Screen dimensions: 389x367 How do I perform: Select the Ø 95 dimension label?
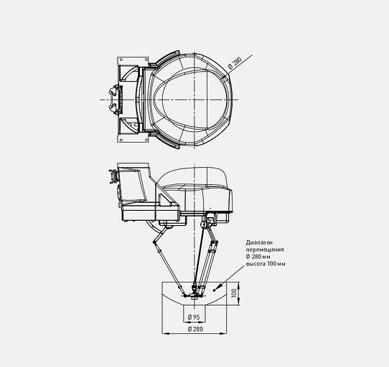tap(194, 317)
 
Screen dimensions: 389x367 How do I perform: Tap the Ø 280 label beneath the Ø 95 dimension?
tap(195, 329)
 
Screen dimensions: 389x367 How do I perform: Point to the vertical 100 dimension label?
tap(234, 293)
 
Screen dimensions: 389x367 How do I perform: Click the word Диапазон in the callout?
tap(259, 242)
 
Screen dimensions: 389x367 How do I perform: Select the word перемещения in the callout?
tap(265, 249)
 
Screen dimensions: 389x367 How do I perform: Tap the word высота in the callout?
tap(256, 264)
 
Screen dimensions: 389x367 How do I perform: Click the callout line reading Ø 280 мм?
tap(258, 257)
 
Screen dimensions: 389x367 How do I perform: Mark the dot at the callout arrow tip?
tap(215, 290)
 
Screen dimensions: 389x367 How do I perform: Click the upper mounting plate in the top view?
tap(133, 61)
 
